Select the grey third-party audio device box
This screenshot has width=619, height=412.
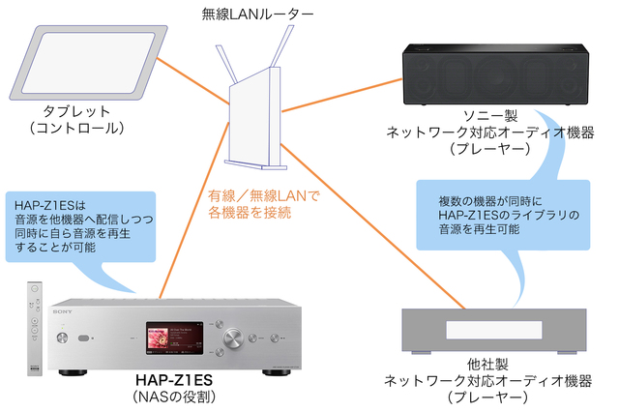493,330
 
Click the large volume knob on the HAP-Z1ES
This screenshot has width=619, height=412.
235,338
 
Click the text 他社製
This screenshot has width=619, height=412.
497,365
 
